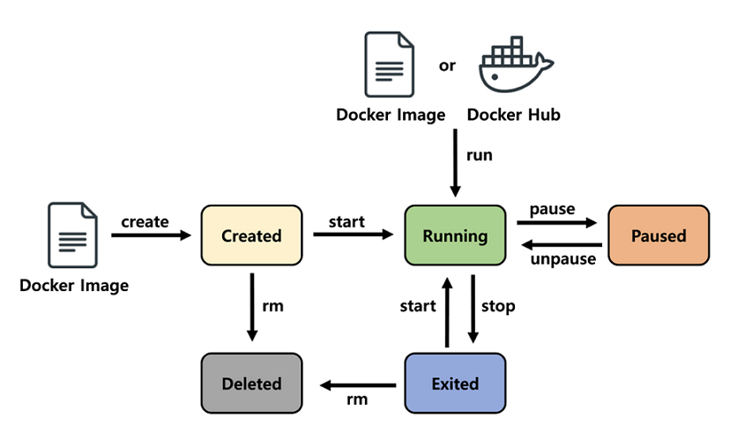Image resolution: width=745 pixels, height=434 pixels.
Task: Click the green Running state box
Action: [455, 236]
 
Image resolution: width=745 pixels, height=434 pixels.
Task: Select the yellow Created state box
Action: [251, 236]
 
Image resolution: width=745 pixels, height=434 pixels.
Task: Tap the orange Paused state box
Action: [658, 236]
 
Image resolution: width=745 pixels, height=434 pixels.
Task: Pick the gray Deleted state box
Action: [251, 384]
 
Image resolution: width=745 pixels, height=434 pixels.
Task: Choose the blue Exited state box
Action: [455, 384]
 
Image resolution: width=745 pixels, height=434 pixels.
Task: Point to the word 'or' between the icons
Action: [447, 65]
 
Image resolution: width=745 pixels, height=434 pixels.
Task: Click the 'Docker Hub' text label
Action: [513, 115]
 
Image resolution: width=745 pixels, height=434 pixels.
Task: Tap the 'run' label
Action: [480, 155]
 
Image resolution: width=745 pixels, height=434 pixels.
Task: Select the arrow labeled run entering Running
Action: [455, 164]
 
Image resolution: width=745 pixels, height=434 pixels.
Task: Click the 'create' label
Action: [145, 221]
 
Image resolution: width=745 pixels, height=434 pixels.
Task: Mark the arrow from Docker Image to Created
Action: [150, 236]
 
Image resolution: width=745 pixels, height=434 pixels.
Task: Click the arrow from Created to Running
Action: [353, 236]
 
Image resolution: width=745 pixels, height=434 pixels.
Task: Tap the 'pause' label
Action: [552, 210]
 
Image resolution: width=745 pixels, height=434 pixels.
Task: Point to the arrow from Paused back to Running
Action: [561, 245]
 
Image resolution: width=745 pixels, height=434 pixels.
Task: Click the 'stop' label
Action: [498, 306]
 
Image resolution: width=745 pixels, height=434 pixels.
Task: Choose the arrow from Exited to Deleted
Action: [357, 385]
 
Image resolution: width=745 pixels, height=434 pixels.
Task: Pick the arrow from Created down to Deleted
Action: [252, 307]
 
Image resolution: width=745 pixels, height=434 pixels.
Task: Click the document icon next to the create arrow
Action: [72, 236]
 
